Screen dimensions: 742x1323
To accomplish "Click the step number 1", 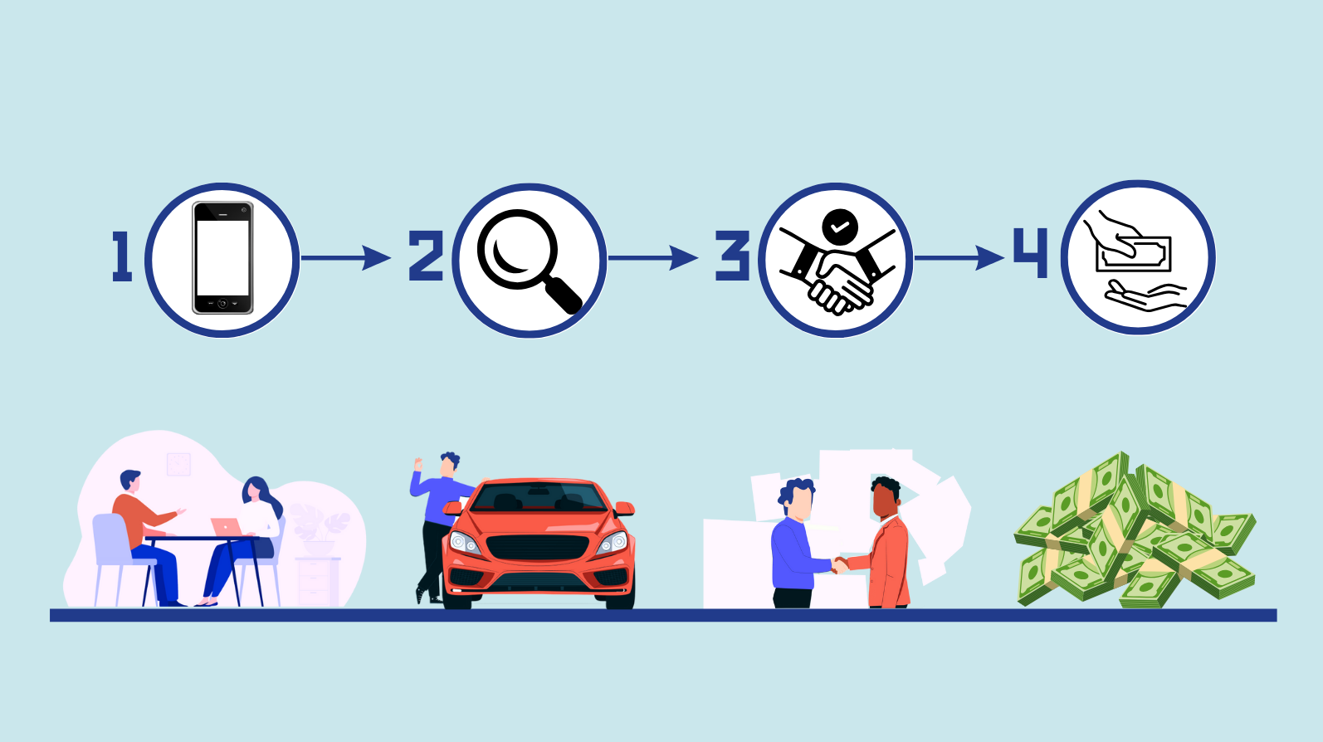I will [123, 256].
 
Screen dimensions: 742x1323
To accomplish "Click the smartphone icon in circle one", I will [222, 258].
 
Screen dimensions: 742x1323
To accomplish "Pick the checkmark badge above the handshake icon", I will [840, 225].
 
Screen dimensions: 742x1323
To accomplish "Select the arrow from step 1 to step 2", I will [345, 258].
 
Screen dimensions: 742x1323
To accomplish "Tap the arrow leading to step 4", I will [959, 258].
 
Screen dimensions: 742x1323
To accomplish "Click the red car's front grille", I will [538, 548].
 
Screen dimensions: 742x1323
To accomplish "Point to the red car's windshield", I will [539, 496].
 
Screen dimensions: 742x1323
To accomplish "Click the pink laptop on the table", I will [225, 526].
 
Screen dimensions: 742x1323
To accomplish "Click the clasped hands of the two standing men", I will [839, 565].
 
